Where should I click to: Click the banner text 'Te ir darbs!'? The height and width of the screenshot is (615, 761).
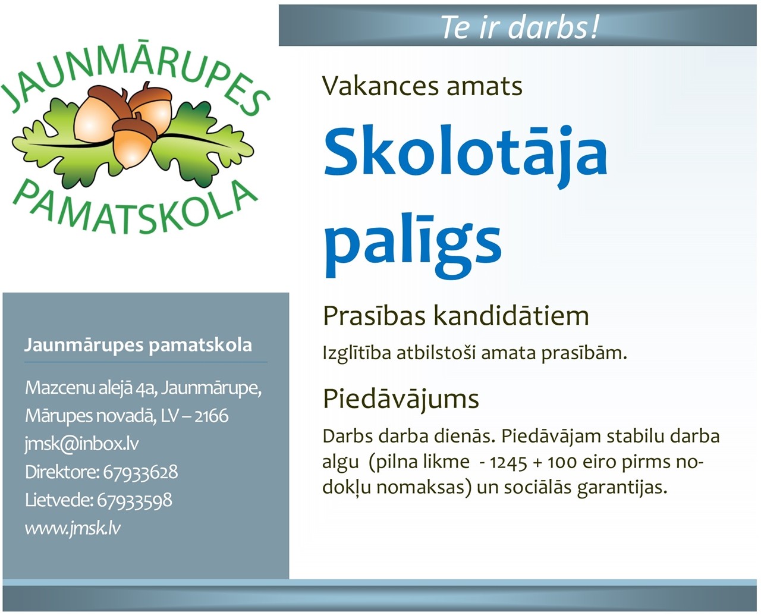tap(520, 27)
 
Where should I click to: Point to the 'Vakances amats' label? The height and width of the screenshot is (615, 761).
tap(422, 86)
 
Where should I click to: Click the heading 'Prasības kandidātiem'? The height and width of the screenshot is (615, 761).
tap(456, 316)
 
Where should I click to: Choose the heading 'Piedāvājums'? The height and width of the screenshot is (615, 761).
tap(401, 400)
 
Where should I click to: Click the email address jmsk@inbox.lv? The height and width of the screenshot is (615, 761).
tap(82, 444)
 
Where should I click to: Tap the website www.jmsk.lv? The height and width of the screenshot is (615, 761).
tap(73, 528)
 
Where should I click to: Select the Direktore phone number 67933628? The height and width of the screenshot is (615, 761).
tap(140, 472)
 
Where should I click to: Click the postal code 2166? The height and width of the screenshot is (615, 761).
tap(211, 416)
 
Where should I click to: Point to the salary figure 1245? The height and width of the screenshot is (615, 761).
tap(508, 463)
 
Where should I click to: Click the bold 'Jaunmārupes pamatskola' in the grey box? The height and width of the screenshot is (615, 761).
tap(139, 346)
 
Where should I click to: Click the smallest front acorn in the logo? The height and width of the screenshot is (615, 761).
tap(134, 141)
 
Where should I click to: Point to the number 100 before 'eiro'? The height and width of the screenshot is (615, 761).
tap(562, 463)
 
